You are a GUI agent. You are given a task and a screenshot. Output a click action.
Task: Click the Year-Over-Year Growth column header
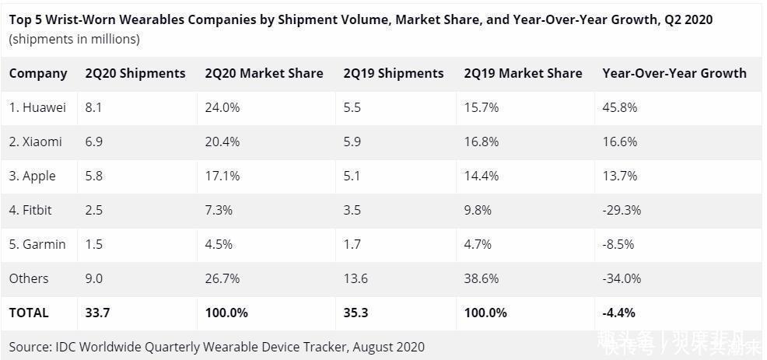click(x=674, y=73)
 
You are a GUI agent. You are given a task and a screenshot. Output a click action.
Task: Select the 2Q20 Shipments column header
click(x=135, y=73)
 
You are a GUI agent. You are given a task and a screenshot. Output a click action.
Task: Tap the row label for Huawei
click(x=37, y=107)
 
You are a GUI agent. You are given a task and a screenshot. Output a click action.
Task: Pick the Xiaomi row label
click(x=36, y=142)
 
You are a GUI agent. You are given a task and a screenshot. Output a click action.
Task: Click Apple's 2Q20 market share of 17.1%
click(x=222, y=176)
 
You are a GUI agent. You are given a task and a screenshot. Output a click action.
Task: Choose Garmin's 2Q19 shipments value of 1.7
click(x=352, y=244)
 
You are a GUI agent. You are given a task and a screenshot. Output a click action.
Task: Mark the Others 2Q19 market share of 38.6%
click(x=481, y=278)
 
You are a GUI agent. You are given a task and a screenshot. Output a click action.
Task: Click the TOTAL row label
click(x=29, y=313)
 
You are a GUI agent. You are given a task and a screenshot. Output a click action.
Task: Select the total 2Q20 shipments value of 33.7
click(x=96, y=313)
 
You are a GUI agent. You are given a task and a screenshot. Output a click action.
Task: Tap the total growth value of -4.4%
click(x=618, y=313)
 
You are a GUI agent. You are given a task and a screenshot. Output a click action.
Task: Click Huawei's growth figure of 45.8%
click(x=619, y=107)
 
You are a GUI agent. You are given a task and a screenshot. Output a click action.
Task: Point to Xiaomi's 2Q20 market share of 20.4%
click(x=222, y=142)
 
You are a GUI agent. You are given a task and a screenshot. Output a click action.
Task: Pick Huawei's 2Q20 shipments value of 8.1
click(x=93, y=107)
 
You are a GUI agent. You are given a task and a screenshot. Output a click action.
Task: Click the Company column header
click(x=38, y=73)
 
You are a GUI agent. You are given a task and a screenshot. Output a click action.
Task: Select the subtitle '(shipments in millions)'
click(x=75, y=39)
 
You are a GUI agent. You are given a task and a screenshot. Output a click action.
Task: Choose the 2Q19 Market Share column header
click(x=523, y=73)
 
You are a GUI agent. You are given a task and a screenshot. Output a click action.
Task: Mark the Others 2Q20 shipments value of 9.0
click(x=94, y=278)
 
